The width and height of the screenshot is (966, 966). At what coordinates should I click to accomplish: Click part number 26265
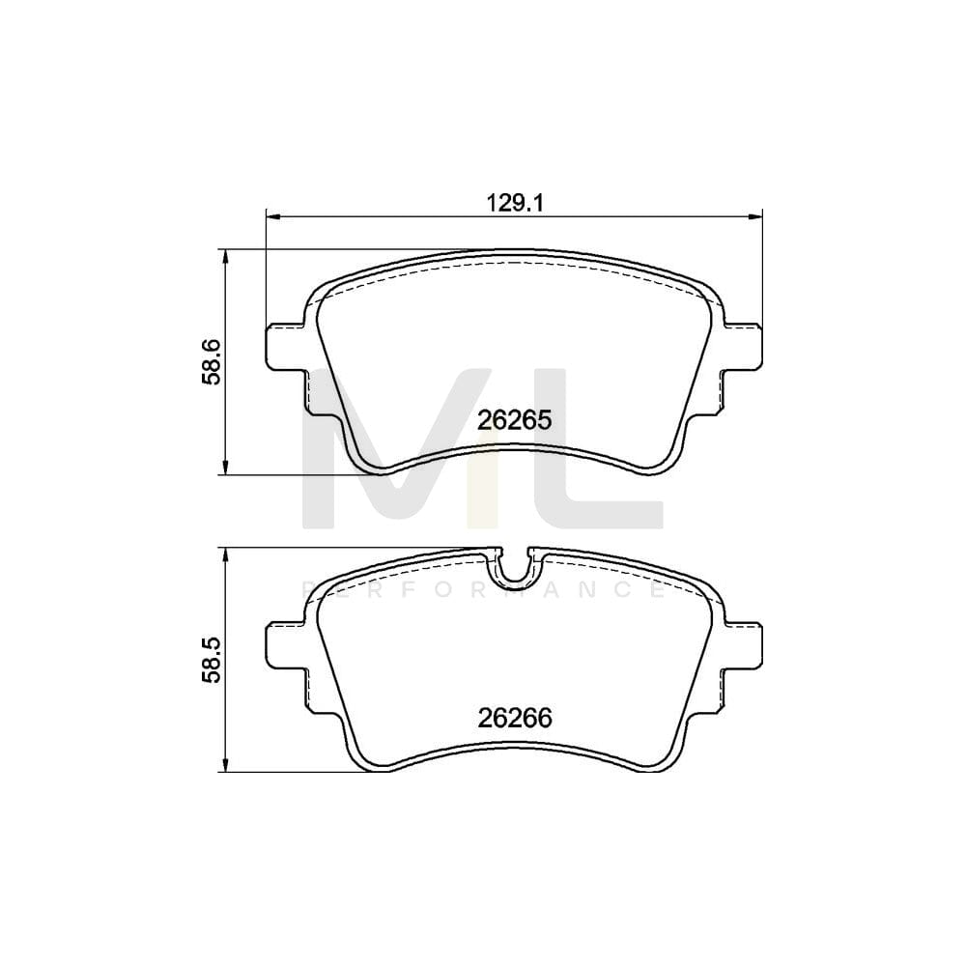(x=513, y=420)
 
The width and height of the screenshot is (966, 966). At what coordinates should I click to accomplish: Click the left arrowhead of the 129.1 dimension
(x=271, y=215)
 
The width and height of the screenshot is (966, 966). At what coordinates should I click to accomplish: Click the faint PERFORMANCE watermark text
(x=483, y=588)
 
